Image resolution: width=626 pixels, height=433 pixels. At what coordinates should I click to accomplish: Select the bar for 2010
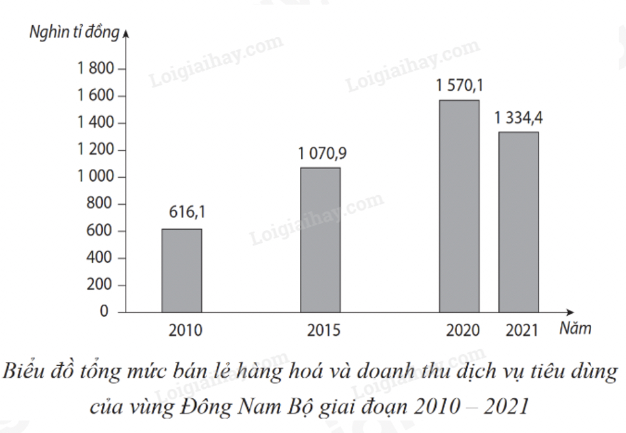(181, 270)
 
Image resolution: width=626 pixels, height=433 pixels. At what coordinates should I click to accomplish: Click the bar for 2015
(320, 240)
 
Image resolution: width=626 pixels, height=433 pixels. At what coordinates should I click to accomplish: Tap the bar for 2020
(459, 206)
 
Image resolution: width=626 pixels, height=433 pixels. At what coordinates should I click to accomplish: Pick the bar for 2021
(518, 222)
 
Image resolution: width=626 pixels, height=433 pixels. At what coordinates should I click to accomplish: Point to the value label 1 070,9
(322, 154)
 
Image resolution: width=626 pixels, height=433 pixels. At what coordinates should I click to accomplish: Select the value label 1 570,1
(460, 86)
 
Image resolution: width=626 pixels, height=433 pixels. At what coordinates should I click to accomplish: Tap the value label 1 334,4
(519, 118)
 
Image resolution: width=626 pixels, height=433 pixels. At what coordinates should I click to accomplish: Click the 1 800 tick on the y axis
(97, 69)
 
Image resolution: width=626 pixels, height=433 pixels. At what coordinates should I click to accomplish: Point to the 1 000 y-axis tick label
(97, 177)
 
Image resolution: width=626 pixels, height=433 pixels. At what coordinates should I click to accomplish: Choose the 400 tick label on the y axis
(103, 258)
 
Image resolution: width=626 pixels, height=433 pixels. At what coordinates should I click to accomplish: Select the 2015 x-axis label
(324, 330)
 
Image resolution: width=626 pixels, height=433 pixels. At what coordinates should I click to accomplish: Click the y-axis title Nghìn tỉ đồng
(74, 32)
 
